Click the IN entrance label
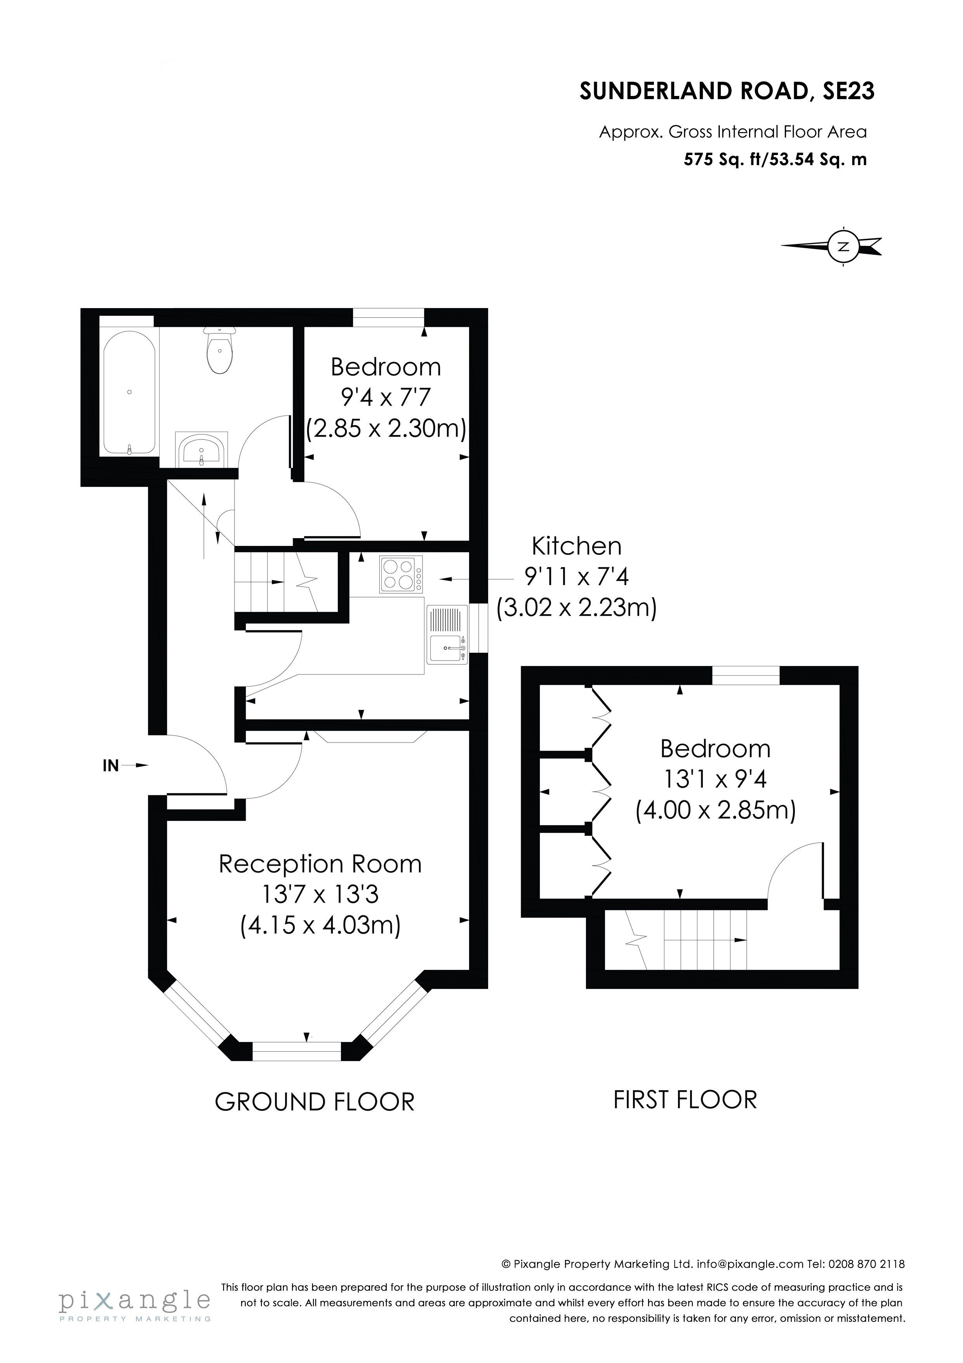pos(111,766)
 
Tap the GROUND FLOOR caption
pos(315,1102)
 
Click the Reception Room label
pos(320,865)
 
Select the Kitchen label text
pos(576,546)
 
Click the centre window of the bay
pos(297,1051)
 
